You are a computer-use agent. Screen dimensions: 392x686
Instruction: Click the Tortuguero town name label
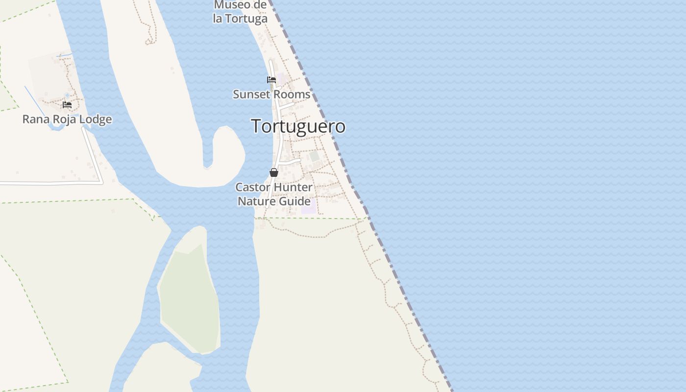[x=298, y=126]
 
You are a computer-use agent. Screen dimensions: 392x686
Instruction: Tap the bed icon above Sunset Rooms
[x=271, y=80]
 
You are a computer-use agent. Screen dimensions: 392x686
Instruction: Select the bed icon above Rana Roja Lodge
[x=67, y=105]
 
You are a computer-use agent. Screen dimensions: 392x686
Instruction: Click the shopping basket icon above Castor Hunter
[x=274, y=172]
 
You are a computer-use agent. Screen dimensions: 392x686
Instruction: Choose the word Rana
[x=36, y=120]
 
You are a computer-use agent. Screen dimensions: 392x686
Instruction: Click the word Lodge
[x=96, y=120]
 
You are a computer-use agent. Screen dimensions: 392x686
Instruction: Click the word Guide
[x=294, y=201]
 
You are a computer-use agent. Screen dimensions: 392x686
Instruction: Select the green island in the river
[x=189, y=299]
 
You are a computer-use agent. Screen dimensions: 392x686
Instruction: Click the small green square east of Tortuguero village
[x=314, y=156]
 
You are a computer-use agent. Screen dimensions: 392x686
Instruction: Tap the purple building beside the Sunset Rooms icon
[x=281, y=78]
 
